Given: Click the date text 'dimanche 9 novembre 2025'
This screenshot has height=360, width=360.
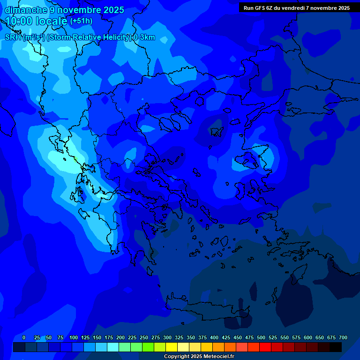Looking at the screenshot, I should coord(64,10).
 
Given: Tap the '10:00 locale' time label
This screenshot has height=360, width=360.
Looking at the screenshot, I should coord(36,21).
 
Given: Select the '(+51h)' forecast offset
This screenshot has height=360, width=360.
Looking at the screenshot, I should coord(81,21).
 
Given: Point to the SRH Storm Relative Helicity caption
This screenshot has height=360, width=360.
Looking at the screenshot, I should coord(80,37).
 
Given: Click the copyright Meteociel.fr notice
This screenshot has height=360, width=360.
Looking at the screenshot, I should coord(199,356).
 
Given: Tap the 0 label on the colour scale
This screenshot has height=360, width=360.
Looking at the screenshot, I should coord(24,337).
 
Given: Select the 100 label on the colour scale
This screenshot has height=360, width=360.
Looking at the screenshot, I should coord(74,337).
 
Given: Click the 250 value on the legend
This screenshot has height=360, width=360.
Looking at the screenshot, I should coord(144,337).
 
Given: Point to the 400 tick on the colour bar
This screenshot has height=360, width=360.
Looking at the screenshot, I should coord(214,337).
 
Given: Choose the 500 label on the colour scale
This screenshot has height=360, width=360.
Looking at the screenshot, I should coord(261,337).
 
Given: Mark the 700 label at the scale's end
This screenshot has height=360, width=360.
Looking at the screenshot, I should coord(343,337).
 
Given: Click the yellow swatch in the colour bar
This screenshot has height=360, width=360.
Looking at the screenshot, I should coord(172,347).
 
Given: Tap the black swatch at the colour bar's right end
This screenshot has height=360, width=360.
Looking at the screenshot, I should coord(336,347).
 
